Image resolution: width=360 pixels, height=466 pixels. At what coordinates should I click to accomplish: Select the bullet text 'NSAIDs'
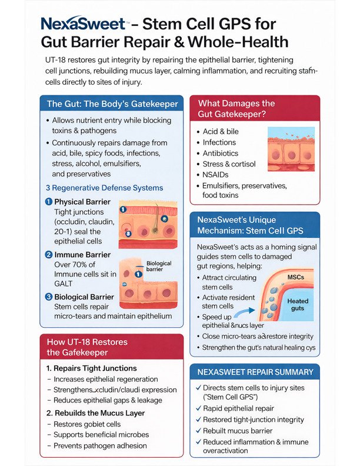click(x=217, y=175)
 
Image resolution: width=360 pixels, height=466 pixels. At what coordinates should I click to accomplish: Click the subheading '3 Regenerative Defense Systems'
click(x=104, y=188)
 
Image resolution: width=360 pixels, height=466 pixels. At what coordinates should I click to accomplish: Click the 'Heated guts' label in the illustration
click(x=297, y=305)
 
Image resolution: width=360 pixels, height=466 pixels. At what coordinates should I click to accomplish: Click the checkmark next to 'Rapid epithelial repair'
click(x=197, y=408)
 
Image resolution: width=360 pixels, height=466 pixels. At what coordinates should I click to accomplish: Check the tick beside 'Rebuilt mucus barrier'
click(x=197, y=431)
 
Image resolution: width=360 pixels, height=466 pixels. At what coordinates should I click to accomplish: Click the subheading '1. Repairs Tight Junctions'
click(x=91, y=368)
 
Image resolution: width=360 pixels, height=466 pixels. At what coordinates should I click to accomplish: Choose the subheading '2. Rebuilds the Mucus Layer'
click(x=95, y=413)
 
